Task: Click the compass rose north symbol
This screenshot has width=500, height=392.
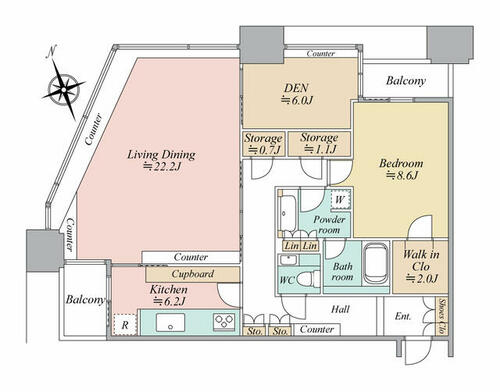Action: pyautogui.click(x=63, y=87)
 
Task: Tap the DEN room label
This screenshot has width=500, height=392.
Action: pyautogui.click(x=296, y=94)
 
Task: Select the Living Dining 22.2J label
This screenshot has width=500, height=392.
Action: pyautogui.click(x=161, y=160)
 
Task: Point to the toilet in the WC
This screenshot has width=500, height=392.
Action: pyautogui.click(x=308, y=279)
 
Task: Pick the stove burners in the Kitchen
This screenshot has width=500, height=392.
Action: pyautogui.click(x=224, y=322)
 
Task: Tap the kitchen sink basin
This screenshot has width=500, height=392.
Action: pyautogui.click(x=170, y=322)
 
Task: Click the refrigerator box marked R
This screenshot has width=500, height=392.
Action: pyautogui.click(x=125, y=325)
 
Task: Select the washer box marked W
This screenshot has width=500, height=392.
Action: pyautogui.click(x=340, y=199)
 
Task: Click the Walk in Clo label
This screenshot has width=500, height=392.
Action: pyautogui.click(x=421, y=267)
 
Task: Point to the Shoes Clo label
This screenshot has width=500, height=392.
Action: pyautogui.click(x=442, y=316)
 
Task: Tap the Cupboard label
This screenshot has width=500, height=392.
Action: pyautogui.click(x=193, y=274)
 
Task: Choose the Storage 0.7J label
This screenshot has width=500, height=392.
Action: pyautogui.click(x=263, y=144)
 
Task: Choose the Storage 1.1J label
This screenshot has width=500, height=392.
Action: pyautogui.click(x=319, y=143)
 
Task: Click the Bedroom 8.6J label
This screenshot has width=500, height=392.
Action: pyautogui.click(x=401, y=169)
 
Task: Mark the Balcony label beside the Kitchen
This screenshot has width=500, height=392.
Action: pyautogui.click(x=85, y=299)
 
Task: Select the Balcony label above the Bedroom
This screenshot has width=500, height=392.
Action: pyautogui.click(x=406, y=81)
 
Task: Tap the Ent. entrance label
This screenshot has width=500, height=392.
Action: pyautogui.click(x=403, y=316)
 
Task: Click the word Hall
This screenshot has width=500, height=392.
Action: pyautogui.click(x=340, y=309)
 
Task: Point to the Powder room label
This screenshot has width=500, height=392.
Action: pyautogui.click(x=329, y=225)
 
